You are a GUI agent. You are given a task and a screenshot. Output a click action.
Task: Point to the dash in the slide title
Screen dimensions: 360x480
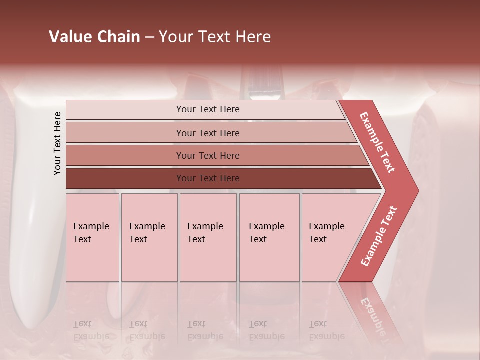pos(149,37)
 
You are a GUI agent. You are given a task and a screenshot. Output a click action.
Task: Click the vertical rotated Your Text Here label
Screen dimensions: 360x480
pos(57,143)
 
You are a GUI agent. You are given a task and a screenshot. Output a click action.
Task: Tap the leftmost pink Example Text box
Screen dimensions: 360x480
pos(92,237)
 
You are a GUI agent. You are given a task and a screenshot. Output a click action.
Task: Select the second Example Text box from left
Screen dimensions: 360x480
pos(149,237)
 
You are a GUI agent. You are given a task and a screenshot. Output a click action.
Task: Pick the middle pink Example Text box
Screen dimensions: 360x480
pos(208,237)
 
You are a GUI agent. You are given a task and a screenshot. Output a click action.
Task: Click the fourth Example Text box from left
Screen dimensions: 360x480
pos(269,237)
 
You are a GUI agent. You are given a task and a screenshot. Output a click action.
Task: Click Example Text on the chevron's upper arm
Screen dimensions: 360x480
pos(377,142)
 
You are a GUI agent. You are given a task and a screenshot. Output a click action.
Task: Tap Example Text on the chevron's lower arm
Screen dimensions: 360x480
pos(379,236)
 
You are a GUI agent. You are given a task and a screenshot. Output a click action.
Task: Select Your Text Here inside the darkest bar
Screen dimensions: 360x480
pos(208,178)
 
